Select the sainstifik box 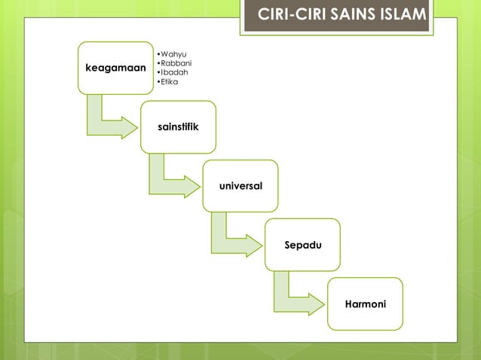178,127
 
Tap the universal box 240,185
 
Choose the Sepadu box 302,244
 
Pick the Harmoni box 365,304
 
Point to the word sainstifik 178,127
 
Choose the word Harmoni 365,304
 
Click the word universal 240,185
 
